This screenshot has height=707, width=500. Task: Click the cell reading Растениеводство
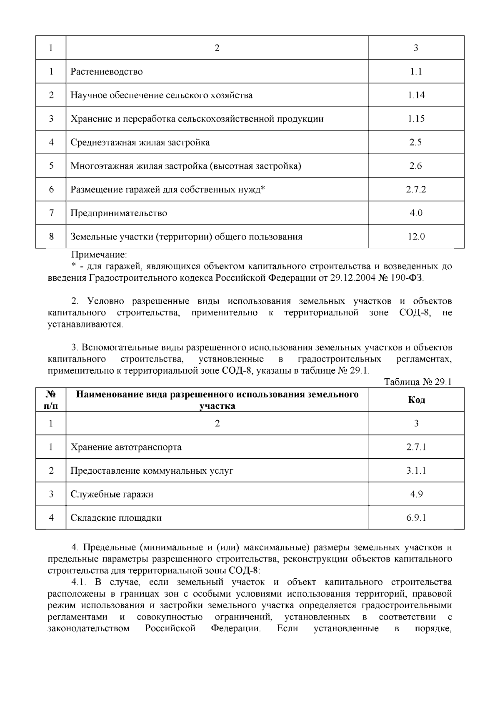point(107,72)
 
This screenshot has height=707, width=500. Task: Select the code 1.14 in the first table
point(416,95)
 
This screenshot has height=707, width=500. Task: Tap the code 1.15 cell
point(416,119)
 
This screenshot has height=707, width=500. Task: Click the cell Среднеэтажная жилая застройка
point(140,142)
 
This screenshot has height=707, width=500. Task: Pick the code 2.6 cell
point(416,166)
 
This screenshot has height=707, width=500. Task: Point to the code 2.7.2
point(416,190)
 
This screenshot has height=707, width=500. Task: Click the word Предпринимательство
point(119,213)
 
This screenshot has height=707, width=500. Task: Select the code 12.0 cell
point(416,237)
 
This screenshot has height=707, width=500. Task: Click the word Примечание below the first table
point(99,255)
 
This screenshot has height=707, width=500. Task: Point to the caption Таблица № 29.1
point(417,382)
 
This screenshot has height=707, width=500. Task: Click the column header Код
point(416,400)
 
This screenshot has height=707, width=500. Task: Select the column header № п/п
point(51,400)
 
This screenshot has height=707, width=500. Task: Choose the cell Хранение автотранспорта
point(126,447)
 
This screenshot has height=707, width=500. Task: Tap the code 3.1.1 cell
point(416,471)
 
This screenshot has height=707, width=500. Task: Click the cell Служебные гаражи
point(112,495)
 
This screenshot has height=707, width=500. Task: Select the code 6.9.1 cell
point(416,518)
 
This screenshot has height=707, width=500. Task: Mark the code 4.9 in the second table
point(416,495)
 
